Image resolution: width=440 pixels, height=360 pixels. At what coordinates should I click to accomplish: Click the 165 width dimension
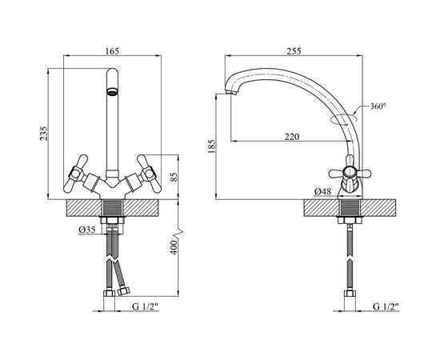coord(112,51)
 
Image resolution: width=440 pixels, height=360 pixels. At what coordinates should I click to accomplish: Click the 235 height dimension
coord(44,134)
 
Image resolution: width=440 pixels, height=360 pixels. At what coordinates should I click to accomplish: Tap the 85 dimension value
coord(174,177)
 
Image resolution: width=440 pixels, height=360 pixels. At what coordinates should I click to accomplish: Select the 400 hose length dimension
coord(174,247)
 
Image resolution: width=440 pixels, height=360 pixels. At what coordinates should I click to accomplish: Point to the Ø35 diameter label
coord(87,230)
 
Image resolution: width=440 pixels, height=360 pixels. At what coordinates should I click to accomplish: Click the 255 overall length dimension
coord(294,51)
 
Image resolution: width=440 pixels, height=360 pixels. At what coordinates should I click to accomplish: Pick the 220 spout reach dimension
coord(292,137)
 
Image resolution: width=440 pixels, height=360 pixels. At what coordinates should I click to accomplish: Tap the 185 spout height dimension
coord(212,146)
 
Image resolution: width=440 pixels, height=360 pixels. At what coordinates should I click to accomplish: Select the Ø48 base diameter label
coord(322,192)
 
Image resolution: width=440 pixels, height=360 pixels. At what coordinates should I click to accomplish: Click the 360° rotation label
coord(378,106)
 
